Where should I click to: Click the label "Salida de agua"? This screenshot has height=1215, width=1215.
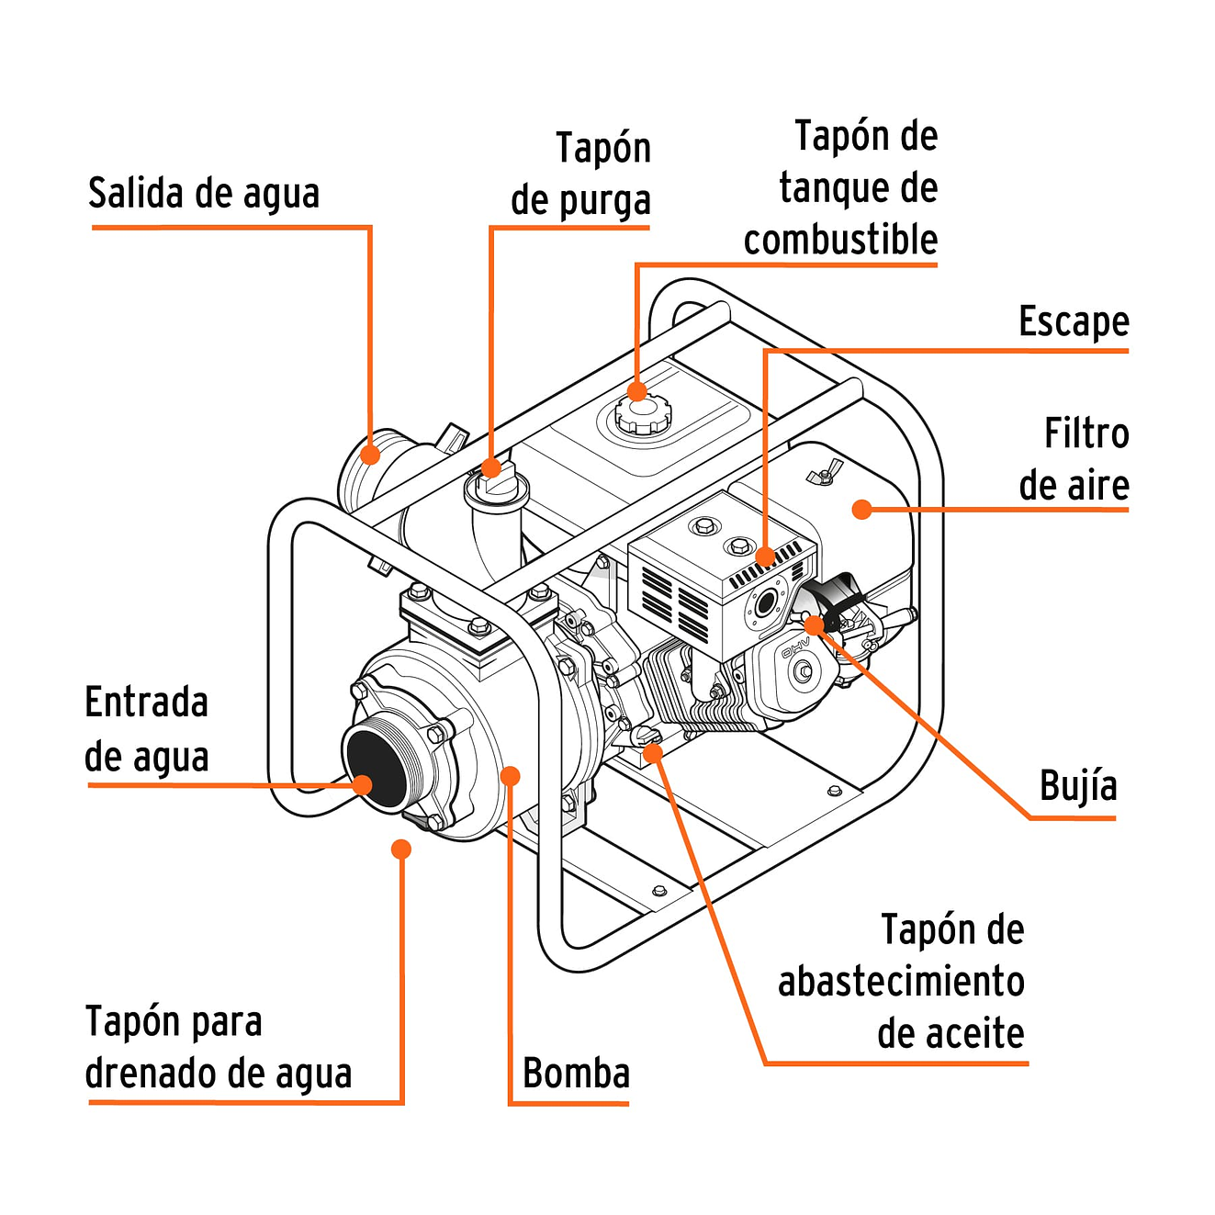pos(204,194)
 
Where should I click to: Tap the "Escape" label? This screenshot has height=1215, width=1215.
pos(1073,321)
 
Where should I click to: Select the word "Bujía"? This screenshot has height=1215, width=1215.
pos(1077,786)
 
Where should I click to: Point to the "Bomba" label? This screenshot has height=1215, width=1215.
pos(576,1073)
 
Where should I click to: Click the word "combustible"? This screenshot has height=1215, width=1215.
pos(840,240)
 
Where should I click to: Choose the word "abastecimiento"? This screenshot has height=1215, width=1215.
pos(901,981)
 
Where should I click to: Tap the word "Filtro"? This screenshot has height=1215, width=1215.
pos(1086,433)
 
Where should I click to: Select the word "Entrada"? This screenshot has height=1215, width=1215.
pos(147,703)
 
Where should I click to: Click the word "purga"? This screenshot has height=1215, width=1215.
pos(606,201)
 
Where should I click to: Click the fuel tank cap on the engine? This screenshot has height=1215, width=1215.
pos(642,416)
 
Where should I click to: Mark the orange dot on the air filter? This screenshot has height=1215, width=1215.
pos(861,509)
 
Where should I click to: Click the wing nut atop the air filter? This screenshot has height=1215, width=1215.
pos(823,472)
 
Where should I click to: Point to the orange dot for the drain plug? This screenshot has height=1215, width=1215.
pos(400,849)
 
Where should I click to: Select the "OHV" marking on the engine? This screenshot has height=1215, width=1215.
pos(794,649)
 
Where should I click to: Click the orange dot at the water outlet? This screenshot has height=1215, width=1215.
pos(370,455)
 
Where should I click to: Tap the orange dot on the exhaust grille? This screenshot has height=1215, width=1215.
pos(765,557)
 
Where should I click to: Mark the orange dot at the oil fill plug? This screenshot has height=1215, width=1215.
pos(653,754)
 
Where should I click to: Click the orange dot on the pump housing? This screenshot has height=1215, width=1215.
pos(511,776)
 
